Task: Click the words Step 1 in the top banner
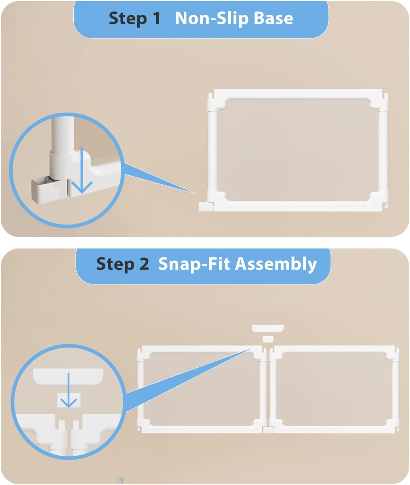tap(134, 18)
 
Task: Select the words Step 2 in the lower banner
tap(122, 264)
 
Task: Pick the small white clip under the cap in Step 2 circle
tap(69, 400)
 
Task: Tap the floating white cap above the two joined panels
tap(268, 329)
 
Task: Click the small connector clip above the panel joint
tap(268, 339)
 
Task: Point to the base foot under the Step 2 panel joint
tap(268, 430)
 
